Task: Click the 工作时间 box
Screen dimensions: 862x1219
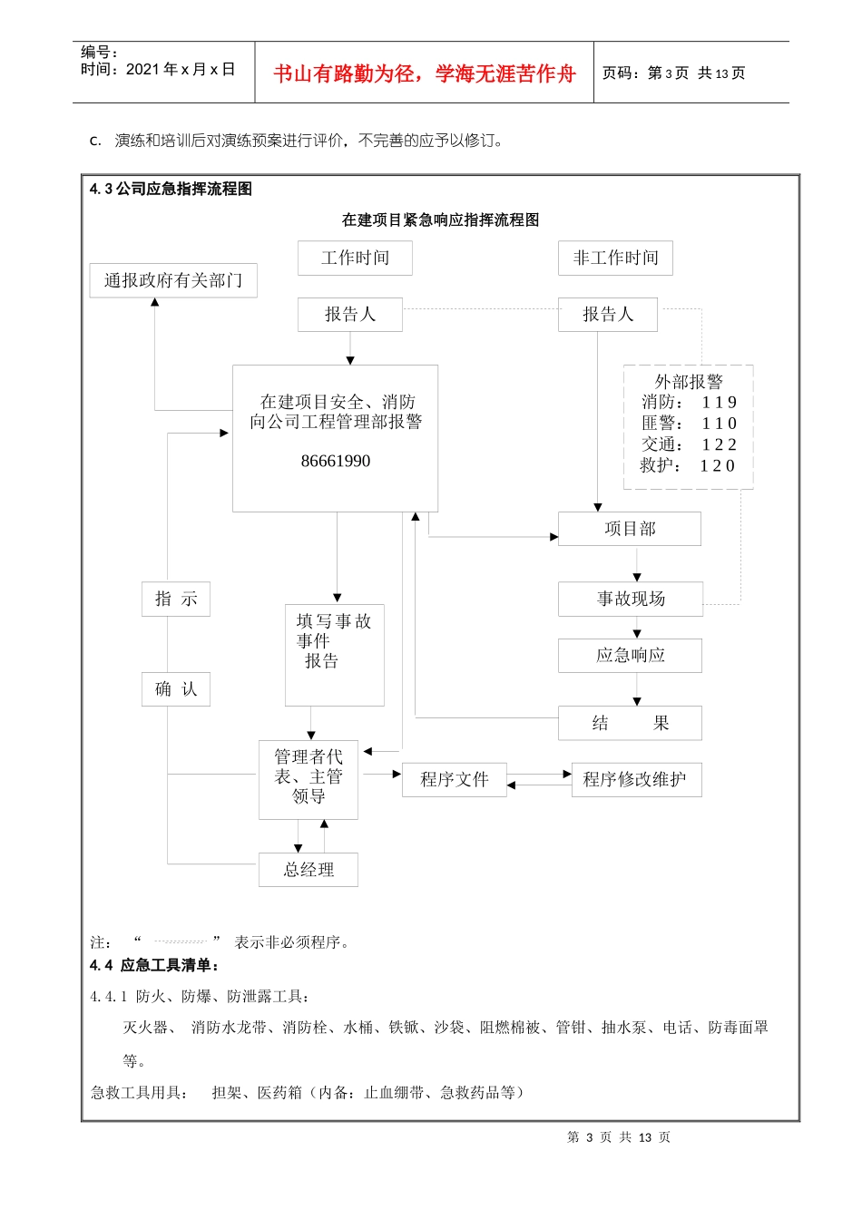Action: (x=355, y=258)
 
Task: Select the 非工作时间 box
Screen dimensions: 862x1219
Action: (x=615, y=258)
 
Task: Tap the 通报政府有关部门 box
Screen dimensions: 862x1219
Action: (x=173, y=280)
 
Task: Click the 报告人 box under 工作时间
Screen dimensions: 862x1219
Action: (x=350, y=315)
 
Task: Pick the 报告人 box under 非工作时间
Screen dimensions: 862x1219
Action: (x=607, y=315)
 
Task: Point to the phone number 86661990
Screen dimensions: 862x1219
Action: (x=336, y=461)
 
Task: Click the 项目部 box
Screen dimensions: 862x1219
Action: (x=630, y=529)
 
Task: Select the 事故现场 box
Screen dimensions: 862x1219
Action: (x=631, y=599)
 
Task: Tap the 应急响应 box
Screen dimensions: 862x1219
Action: (x=630, y=655)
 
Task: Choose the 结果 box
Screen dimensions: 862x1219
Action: (x=630, y=723)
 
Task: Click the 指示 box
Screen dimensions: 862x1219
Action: (x=176, y=599)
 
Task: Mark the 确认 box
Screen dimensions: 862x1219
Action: (x=176, y=689)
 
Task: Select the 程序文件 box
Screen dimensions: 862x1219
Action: (x=455, y=779)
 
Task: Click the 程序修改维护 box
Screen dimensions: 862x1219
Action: (x=636, y=779)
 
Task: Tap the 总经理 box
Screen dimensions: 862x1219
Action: (x=309, y=870)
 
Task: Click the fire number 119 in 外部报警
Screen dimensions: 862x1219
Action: (x=719, y=403)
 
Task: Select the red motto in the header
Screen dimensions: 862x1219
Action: (x=425, y=73)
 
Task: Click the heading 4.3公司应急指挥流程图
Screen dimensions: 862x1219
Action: (x=171, y=189)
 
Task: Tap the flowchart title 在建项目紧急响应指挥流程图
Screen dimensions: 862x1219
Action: (x=441, y=219)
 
